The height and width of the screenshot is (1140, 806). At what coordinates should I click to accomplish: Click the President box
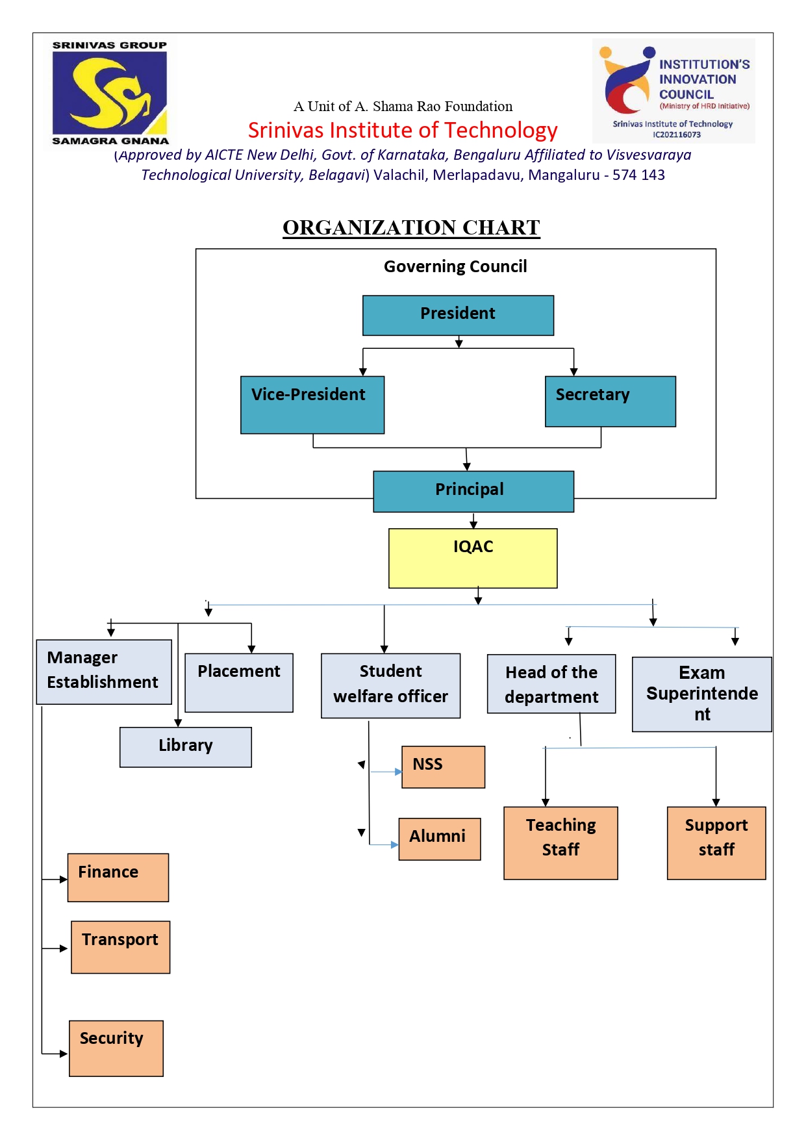tap(458, 316)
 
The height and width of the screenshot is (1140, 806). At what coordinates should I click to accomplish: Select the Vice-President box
tap(312, 405)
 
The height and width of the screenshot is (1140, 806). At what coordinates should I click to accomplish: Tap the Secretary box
tap(610, 401)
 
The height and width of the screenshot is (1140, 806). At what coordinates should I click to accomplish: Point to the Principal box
tap(473, 491)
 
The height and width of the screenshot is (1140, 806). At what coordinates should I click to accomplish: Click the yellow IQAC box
tap(473, 558)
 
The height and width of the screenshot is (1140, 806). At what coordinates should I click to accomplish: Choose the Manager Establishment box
tap(104, 672)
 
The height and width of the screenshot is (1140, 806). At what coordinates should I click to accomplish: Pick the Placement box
tap(239, 682)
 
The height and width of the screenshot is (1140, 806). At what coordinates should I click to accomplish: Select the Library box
tap(186, 747)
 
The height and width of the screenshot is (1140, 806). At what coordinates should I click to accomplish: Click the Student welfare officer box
tap(390, 685)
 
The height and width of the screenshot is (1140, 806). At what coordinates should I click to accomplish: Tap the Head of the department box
tap(551, 684)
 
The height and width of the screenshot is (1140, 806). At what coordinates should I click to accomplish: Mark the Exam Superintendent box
tap(701, 694)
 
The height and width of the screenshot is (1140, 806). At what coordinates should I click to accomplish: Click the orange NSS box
tap(443, 766)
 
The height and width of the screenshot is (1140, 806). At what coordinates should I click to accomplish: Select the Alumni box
tap(439, 839)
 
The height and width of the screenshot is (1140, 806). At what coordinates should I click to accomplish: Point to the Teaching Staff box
tap(560, 842)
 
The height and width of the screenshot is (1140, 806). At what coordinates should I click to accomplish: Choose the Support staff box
tap(716, 842)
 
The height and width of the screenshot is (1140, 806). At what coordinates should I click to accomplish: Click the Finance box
tap(118, 877)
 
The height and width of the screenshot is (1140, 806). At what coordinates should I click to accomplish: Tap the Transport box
tap(120, 946)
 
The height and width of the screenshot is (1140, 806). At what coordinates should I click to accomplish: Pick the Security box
tap(116, 1048)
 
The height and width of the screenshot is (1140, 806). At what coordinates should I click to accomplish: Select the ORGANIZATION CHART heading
tap(411, 227)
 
